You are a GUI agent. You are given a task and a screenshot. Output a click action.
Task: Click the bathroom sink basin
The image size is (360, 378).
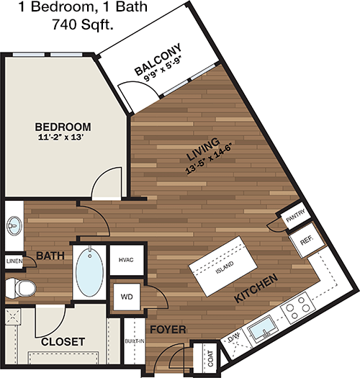point(14,225)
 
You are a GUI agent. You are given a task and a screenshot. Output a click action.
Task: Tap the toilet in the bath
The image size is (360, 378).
point(20,288)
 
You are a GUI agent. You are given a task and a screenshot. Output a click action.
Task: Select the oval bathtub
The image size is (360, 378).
point(89,272)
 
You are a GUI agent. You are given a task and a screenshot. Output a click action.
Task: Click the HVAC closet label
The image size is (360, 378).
point(126,260)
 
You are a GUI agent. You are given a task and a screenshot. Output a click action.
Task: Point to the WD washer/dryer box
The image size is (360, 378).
point(127,297)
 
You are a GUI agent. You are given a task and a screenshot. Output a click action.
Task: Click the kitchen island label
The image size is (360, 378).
point(225,267)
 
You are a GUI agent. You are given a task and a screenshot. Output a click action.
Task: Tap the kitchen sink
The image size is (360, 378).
point(263,328)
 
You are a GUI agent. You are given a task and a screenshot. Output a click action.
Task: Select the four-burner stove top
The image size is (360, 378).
point(298,307)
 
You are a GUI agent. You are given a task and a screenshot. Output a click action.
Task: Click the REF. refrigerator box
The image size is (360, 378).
point(307,240)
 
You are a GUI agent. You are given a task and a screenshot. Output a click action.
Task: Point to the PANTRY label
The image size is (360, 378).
point(296,216)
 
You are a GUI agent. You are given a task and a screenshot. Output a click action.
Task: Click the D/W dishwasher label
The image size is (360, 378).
point(234,337)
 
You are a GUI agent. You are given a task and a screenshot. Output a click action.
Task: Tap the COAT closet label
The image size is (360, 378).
point(210,359)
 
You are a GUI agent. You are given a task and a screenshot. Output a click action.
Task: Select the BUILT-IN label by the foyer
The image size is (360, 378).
point(135,341)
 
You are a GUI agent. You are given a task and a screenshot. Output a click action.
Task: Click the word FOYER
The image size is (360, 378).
point(168,329)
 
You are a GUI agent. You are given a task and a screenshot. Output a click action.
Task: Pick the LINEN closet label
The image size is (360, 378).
point(14,261)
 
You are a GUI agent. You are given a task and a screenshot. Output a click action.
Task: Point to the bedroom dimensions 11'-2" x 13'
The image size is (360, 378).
point(60,138)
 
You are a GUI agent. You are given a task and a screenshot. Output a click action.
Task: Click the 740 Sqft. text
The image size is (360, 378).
point(83,24)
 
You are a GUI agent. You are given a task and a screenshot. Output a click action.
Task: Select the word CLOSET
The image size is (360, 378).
point(63,341)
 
